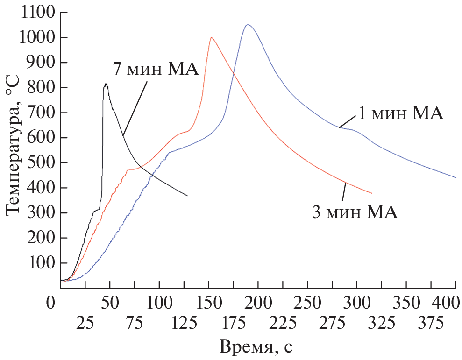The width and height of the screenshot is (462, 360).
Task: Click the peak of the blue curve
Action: tap(248, 25)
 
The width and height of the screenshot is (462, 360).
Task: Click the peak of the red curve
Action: tap(212, 37)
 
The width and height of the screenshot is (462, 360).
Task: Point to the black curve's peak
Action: tap(106, 84)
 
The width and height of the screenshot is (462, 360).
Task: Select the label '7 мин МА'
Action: tap(156, 69)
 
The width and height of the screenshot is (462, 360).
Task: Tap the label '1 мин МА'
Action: tap(400, 113)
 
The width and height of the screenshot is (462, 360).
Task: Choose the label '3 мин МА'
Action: tap(355, 212)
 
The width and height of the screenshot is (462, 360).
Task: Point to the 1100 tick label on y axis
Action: tap(37, 13)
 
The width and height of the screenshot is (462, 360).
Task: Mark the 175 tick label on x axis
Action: tap(233, 323)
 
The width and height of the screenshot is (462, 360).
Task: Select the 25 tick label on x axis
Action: tap(85, 323)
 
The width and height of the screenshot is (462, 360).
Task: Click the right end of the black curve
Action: tap(188, 196)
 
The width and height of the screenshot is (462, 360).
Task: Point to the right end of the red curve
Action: tap(372, 193)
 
